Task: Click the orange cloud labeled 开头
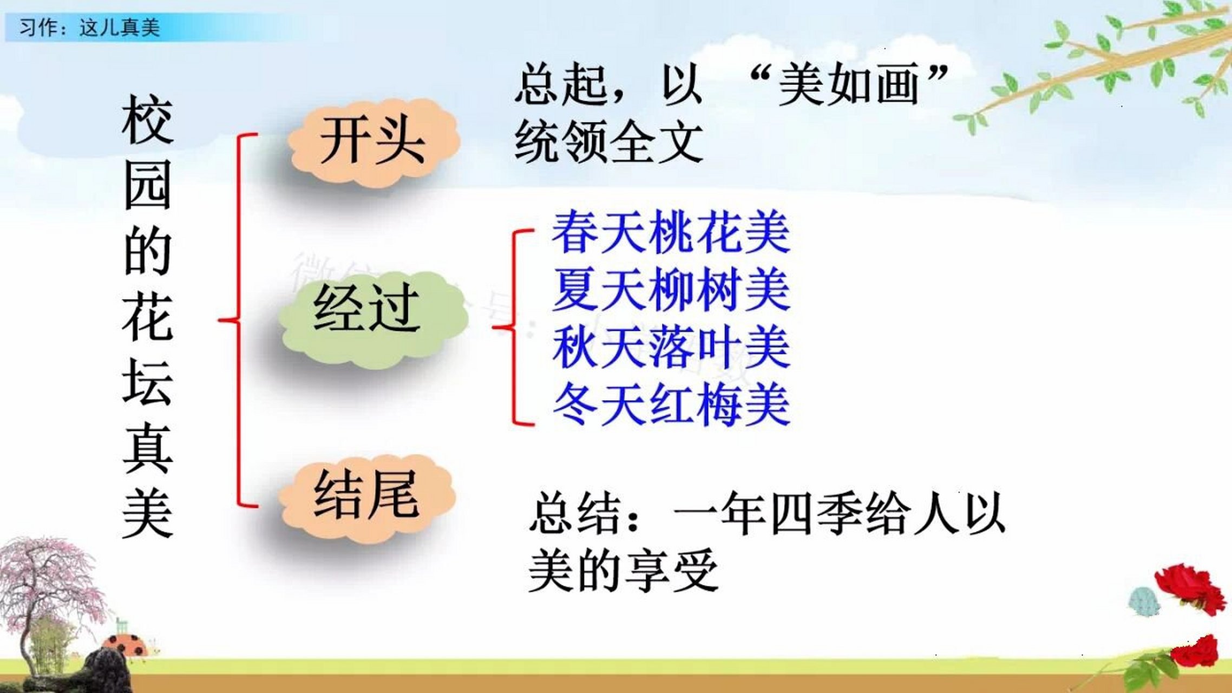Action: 373,142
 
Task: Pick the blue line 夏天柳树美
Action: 671,291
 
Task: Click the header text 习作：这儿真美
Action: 89,27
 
